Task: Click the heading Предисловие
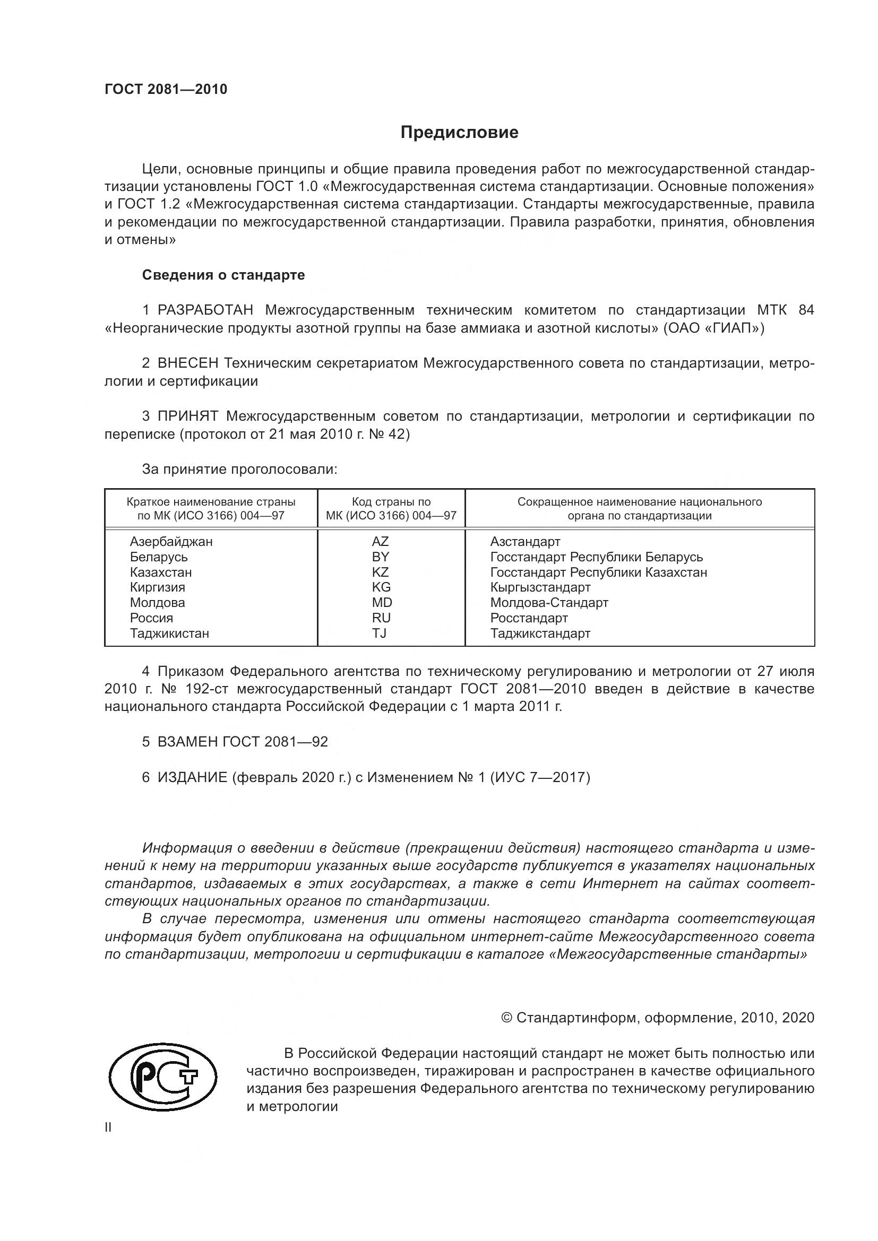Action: point(459,133)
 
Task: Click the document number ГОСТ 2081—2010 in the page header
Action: point(166,89)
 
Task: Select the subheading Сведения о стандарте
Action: point(223,275)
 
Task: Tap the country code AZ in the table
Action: point(380,542)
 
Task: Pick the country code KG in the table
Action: point(381,587)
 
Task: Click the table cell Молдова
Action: point(157,603)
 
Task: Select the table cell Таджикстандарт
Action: point(539,633)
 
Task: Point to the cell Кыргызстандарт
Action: point(539,587)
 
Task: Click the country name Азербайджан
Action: point(171,542)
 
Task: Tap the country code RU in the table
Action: point(381,618)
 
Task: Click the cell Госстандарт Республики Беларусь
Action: point(596,557)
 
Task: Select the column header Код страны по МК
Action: point(391,509)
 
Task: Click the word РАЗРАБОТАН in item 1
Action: point(205,310)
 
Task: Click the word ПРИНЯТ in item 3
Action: point(187,416)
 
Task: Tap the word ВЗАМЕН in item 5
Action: point(187,742)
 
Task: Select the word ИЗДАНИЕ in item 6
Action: point(192,777)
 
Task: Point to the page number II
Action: point(108,1127)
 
